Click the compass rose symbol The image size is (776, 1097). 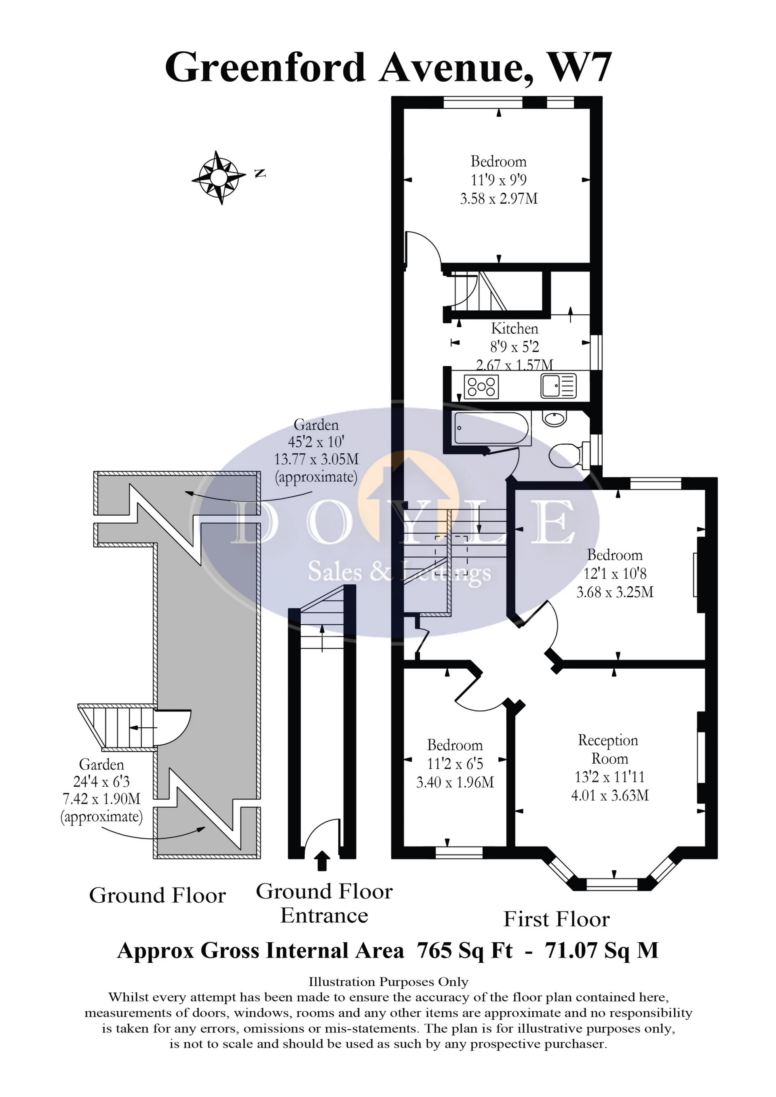point(219,178)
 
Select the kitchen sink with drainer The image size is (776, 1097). point(559,385)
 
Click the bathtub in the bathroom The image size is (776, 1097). point(492,428)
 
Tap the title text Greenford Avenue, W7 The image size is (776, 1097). point(388,67)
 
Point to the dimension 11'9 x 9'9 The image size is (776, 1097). point(499,180)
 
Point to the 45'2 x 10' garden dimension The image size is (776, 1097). point(316,442)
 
